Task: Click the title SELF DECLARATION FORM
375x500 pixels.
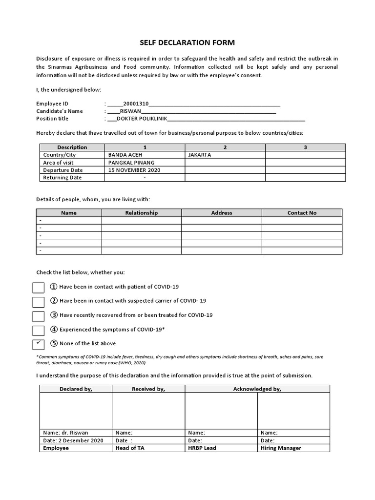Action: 187,42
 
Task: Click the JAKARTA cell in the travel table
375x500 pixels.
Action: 199,155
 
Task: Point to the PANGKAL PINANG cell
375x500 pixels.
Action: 131,162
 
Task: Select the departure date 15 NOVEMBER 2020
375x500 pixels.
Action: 134,170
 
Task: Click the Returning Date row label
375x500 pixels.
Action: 62,178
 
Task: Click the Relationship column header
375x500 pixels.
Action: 142,213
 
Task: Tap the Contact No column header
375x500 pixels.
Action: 302,213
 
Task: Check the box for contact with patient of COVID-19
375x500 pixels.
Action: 39,288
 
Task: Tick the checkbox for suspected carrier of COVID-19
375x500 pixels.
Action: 39,302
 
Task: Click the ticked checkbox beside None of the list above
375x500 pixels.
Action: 39,344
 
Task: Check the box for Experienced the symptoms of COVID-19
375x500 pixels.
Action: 39,331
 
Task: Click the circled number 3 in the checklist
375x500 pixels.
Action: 54,315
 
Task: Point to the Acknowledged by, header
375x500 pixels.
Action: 257,389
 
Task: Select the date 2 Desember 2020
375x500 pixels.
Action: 80,440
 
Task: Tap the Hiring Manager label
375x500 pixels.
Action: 281,448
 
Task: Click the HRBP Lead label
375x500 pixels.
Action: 202,448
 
